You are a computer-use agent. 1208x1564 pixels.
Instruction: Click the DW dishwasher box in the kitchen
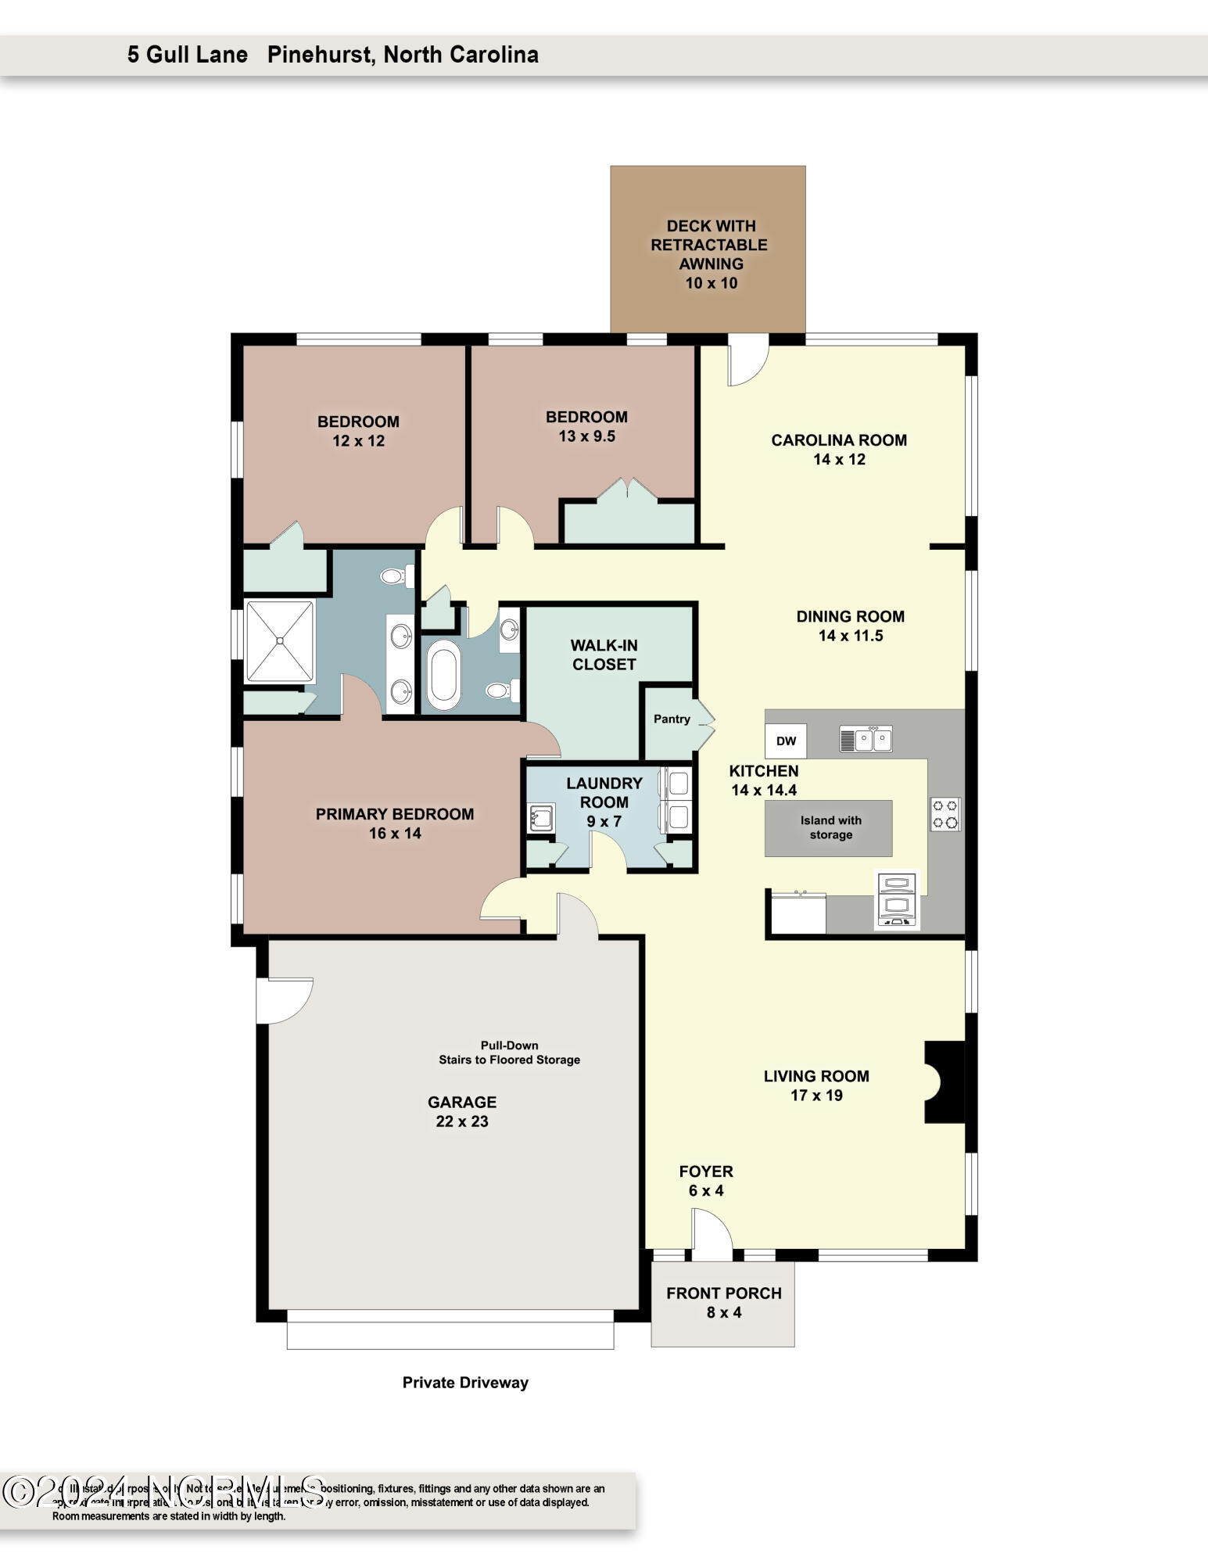786,741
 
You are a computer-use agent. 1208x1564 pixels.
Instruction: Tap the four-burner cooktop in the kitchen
945,813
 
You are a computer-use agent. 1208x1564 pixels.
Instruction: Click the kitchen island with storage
828,828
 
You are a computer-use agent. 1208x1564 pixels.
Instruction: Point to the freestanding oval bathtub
443,674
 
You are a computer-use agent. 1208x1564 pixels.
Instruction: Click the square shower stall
280,641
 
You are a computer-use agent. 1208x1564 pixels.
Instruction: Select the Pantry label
672,719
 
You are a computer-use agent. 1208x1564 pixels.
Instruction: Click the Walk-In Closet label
604,655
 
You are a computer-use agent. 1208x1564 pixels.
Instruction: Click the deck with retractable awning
708,250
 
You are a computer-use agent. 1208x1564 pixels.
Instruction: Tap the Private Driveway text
465,1383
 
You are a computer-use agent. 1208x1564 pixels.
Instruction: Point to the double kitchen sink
866,739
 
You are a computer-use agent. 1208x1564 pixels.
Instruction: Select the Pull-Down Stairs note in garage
509,1053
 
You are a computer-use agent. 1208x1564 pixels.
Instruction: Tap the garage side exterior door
283,999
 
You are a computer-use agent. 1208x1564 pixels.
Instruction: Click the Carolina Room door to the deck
747,361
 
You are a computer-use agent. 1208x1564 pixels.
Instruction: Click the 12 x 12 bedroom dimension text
358,441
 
